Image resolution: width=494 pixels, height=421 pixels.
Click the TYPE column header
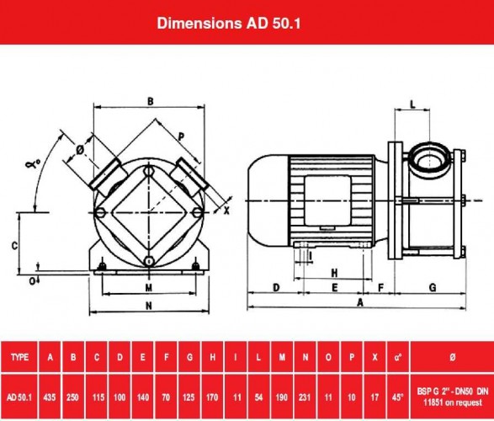click(x=19, y=357)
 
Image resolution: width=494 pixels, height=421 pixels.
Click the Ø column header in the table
click(x=452, y=357)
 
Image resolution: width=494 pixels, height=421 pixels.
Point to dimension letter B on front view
click(x=150, y=101)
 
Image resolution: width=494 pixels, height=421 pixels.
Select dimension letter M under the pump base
click(x=148, y=286)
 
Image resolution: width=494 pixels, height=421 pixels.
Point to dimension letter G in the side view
click(x=433, y=287)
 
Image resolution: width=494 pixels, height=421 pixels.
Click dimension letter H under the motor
click(x=334, y=273)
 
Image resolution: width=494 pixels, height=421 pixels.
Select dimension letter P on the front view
click(x=181, y=136)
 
